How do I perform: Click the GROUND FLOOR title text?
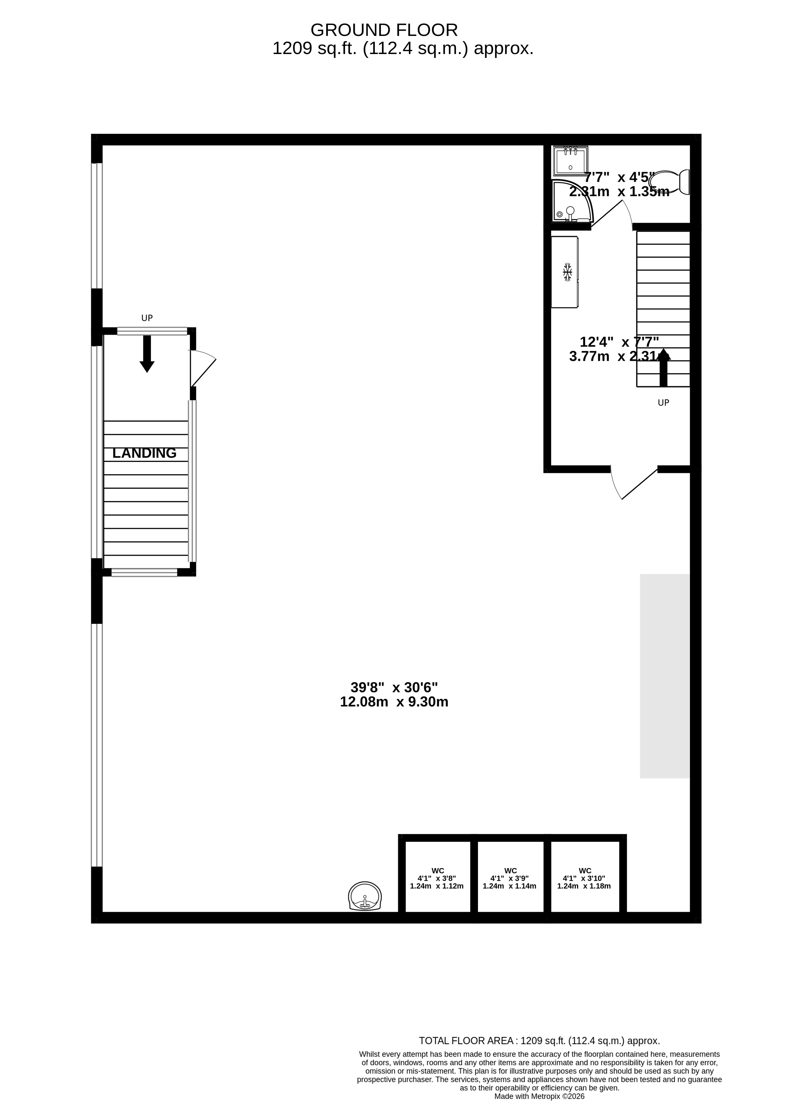pos(384,30)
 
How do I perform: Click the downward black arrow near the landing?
pos(146,354)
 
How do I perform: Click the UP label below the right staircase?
pos(663,402)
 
